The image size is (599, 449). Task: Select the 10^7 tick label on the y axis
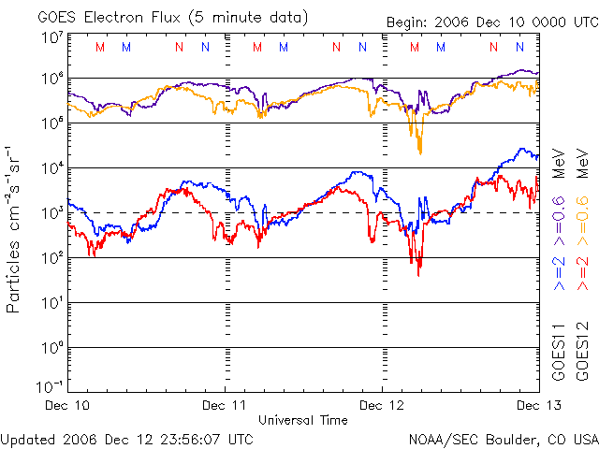pyautogui.click(x=51, y=37)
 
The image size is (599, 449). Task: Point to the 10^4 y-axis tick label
pyautogui.click(x=51, y=167)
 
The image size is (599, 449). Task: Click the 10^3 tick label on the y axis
pyautogui.click(x=51, y=212)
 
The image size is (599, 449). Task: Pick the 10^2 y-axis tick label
pyautogui.click(x=51, y=257)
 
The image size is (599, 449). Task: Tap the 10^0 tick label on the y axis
pyautogui.click(x=51, y=347)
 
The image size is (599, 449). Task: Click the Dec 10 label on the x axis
pyautogui.click(x=68, y=405)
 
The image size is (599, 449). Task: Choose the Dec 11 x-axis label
pyautogui.click(x=225, y=405)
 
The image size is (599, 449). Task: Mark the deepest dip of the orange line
pyautogui.click(x=419, y=152)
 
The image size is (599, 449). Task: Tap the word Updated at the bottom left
pyautogui.click(x=27, y=439)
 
